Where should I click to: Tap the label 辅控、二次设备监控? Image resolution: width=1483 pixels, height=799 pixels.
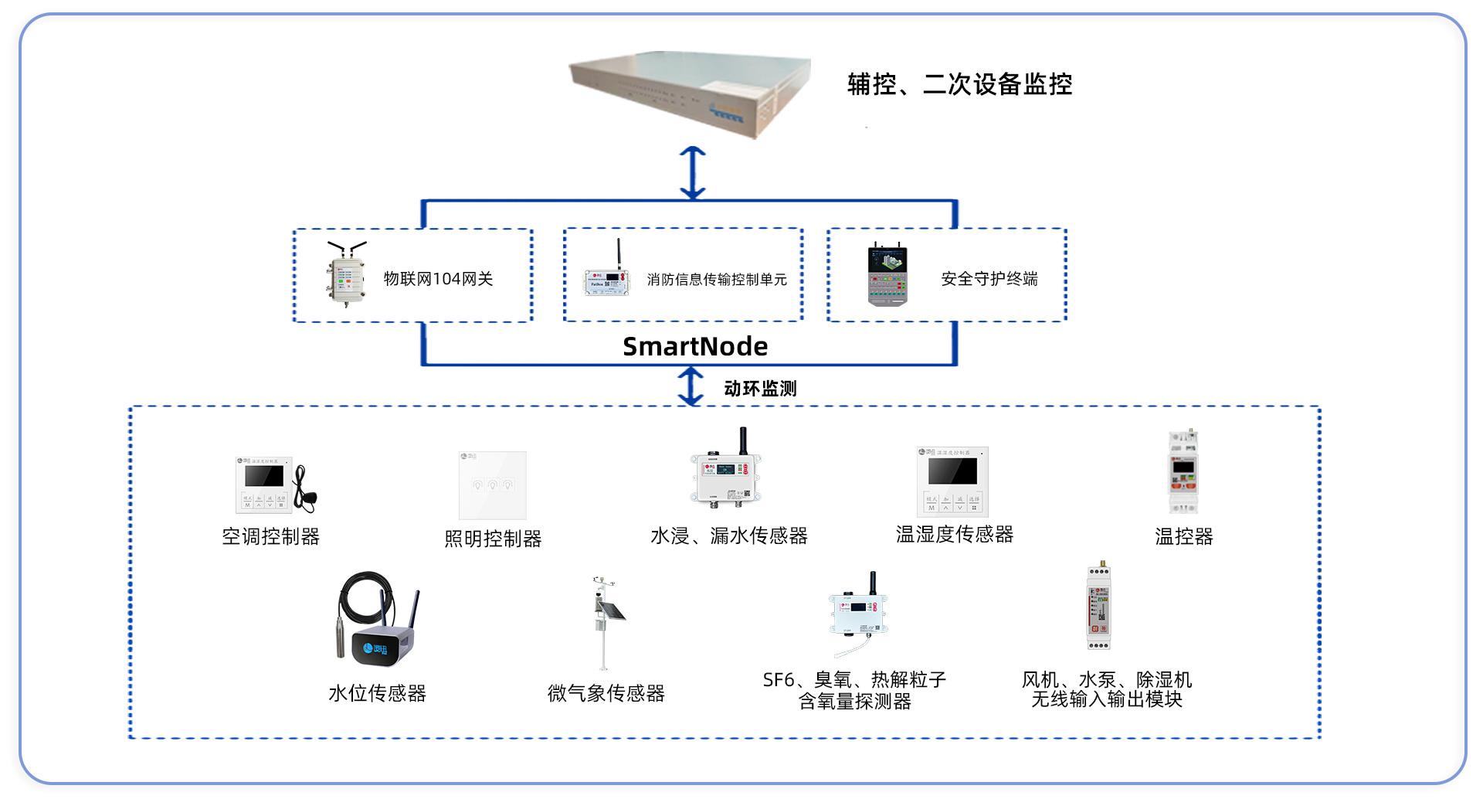[959, 84]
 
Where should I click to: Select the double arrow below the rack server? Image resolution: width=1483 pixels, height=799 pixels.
[692, 173]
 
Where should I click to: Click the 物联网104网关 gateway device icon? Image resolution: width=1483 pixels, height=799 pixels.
[345, 274]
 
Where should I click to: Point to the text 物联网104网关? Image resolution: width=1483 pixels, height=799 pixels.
[438, 279]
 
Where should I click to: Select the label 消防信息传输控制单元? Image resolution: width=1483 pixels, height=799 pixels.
[717, 280]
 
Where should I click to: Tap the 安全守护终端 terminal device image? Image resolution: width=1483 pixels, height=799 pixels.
[887, 276]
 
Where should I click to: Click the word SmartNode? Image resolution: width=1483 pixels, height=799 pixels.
[695, 347]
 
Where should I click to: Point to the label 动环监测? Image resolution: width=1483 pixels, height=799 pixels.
[760, 389]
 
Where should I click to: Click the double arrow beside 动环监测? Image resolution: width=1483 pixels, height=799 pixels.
[691, 386]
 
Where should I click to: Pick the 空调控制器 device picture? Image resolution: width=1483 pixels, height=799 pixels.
[275, 485]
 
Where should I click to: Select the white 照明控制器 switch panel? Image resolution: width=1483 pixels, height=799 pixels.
[492, 485]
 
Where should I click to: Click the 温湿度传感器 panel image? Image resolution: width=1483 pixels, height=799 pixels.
[952, 481]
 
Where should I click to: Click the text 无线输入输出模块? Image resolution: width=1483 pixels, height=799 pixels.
[1106, 699]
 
